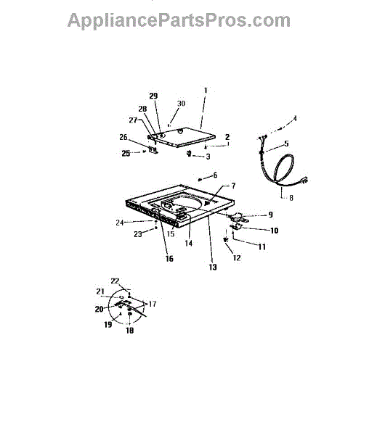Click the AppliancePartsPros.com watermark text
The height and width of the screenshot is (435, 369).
click(179, 21)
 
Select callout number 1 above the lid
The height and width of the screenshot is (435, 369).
click(206, 91)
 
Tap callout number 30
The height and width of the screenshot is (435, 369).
click(181, 104)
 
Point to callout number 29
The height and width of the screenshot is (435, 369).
click(153, 96)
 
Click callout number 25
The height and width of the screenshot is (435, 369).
click(126, 154)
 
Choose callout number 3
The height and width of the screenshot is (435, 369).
click(208, 157)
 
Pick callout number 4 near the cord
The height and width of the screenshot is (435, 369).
click(295, 118)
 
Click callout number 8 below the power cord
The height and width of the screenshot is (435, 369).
click(291, 198)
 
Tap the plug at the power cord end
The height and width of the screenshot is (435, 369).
click(304, 181)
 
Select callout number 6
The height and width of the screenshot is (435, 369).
click(215, 175)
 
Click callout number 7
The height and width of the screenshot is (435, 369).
click(233, 186)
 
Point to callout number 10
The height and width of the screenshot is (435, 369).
click(275, 231)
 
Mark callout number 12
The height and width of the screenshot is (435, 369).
click(237, 258)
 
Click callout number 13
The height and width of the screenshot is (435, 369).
click(213, 267)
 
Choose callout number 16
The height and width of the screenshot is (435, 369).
click(169, 259)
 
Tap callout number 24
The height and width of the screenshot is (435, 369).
click(120, 223)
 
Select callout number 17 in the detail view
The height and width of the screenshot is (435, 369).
click(153, 304)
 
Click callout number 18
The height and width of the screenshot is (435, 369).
click(130, 331)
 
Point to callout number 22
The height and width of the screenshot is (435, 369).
click(115, 281)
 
